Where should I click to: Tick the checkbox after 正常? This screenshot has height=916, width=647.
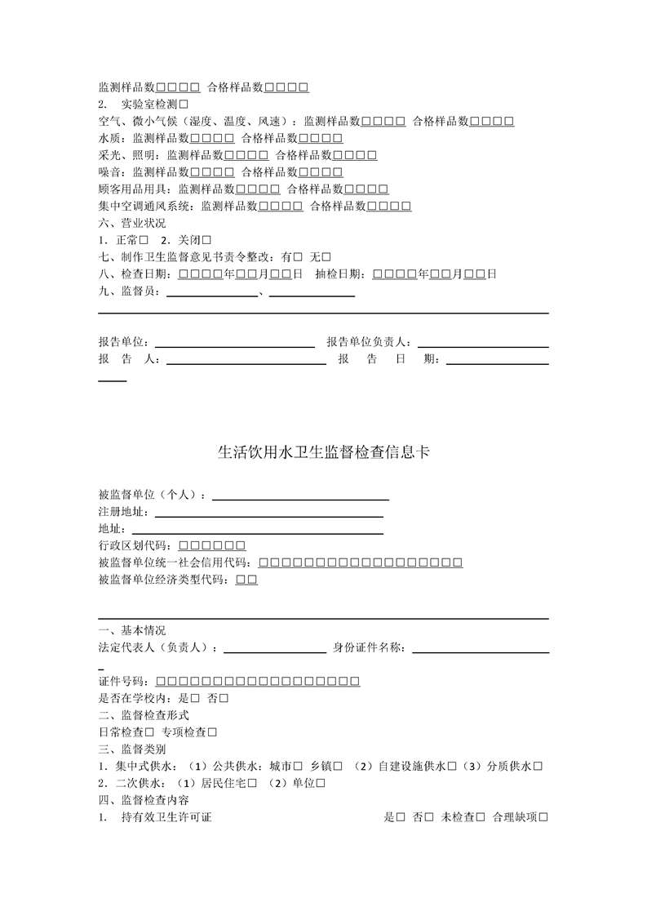[x=144, y=240]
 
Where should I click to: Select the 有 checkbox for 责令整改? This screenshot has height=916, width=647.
[x=297, y=257]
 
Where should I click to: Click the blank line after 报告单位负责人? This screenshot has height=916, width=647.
[x=482, y=341]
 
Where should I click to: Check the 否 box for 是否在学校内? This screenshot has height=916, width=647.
[x=224, y=699]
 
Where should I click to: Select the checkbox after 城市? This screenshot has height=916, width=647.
[x=298, y=767]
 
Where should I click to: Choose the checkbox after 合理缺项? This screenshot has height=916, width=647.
[x=543, y=817]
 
